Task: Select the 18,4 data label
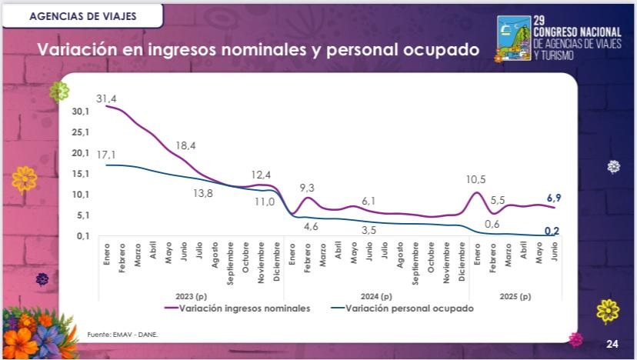tap(185, 146)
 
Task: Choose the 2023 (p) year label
tap(191, 296)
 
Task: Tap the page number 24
tap(612, 343)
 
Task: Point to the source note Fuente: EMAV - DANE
tap(116, 335)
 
